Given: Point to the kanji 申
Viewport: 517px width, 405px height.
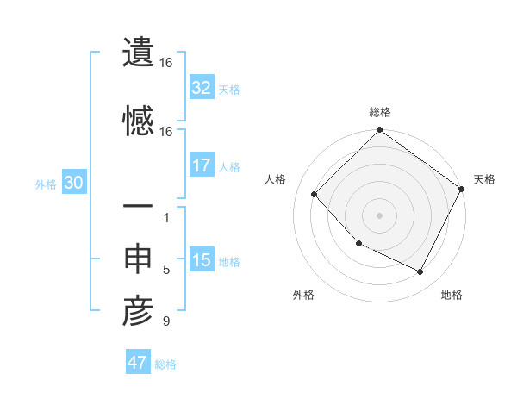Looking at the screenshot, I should [138, 259].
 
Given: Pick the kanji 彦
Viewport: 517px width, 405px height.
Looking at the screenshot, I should [138, 312].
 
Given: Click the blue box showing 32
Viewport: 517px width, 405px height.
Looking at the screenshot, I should [202, 88].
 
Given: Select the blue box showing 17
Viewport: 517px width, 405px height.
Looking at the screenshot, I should [202, 165].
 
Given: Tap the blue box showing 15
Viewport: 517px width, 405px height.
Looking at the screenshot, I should [202, 260].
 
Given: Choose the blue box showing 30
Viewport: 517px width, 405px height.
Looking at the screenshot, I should [73, 183].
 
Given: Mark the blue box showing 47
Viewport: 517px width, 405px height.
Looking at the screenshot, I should [138, 363].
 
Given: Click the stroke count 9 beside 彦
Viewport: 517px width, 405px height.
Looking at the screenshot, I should [166, 322].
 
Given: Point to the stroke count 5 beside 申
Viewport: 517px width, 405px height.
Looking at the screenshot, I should [166, 270].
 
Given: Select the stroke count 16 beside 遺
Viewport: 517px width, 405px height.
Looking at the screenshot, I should [166, 63].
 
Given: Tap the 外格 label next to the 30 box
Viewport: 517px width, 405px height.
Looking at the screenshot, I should [46, 184].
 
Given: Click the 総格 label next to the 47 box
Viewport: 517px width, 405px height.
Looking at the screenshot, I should [165, 364].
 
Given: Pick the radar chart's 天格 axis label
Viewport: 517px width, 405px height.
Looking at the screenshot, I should [484, 179].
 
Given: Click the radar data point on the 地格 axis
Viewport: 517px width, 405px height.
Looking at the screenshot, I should [420, 272].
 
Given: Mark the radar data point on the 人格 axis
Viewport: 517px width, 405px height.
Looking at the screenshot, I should [315, 195].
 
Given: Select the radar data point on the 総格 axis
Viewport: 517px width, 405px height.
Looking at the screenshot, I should [379, 131].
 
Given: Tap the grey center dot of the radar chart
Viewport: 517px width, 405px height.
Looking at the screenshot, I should [379, 215].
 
